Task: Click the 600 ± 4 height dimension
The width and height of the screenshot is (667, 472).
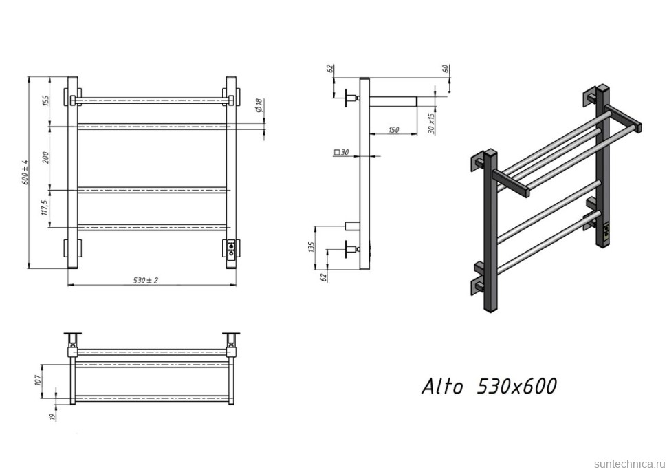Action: point(25,172)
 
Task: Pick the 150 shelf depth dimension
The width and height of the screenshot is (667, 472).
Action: point(393,129)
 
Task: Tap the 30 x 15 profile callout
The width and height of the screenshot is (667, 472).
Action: point(431,122)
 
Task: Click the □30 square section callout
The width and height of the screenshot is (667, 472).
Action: point(341,152)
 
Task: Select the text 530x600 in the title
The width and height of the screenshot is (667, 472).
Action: point(516,387)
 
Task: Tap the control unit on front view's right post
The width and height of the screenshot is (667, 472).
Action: point(231,248)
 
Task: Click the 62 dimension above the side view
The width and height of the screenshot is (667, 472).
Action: point(330,69)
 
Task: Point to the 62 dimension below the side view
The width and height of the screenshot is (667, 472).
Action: point(322,276)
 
